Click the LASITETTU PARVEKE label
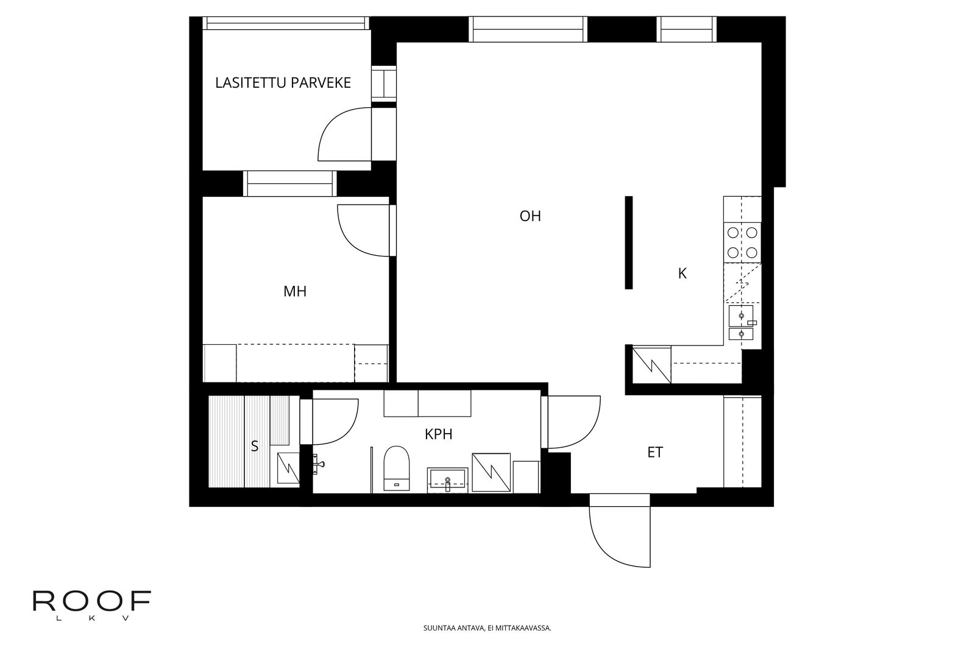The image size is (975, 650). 283,83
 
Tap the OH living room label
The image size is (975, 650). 530,216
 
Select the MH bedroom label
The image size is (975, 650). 295,292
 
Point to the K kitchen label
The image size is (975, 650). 682,274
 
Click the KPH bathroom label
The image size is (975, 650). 439,434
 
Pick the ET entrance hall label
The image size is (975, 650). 655,453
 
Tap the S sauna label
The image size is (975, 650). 255,446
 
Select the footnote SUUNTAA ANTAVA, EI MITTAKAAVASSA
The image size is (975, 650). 487,628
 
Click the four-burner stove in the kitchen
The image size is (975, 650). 743,243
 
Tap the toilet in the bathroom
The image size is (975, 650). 397,468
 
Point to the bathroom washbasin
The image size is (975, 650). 447,481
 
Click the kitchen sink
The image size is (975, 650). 741,322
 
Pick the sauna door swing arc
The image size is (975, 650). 349,430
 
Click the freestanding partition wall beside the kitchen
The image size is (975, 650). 628,242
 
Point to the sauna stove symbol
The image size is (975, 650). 288,468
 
